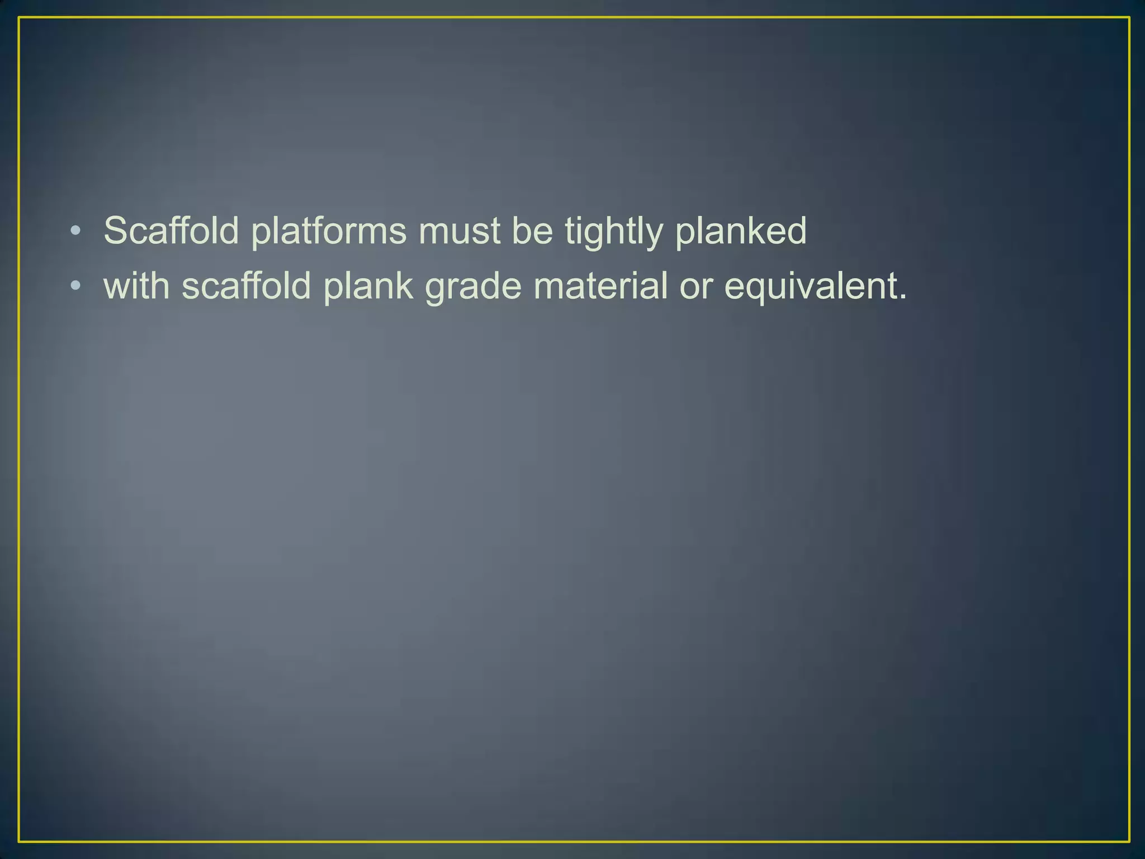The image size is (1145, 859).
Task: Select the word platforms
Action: click(x=329, y=231)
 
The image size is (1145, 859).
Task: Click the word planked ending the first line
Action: click(x=741, y=231)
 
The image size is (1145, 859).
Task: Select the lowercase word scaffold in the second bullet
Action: click(x=246, y=285)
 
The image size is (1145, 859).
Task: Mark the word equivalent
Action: click(x=810, y=286)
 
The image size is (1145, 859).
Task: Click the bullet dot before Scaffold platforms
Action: click(x=76, y=231)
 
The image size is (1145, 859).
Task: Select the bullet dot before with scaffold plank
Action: click(x=76, y=286)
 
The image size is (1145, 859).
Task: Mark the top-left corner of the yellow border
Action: click(x=19, y=18)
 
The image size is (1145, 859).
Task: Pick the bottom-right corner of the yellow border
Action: click(x=1129, y=841)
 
